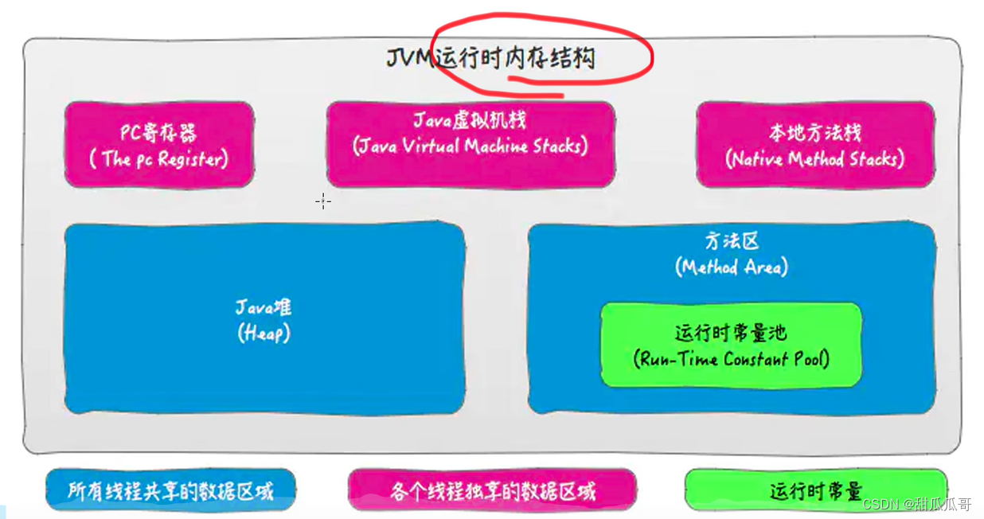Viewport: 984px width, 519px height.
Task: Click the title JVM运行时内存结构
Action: click(x=490, y=58)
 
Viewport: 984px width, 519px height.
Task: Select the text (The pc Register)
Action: click(x=158, y=158)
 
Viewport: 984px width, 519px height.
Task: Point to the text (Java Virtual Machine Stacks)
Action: click(x=470, y=146)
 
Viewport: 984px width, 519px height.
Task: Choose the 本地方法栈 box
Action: click(x=814, y=144)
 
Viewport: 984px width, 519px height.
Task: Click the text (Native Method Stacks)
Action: click(x=814, y=158)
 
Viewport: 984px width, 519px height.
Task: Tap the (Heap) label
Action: click(x=264, y=334)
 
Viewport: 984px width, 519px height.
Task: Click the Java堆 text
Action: click(x=264, y=308)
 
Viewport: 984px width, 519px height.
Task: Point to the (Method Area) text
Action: click(x=731, y=267)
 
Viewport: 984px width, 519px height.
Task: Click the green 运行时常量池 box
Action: click(x=730, y=344)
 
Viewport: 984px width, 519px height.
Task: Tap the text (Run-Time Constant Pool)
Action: click(x=731, y=359)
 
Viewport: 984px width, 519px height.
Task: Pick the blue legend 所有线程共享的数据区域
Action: click(x=170, y=490)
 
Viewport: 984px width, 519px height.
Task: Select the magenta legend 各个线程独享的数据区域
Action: click(x=492, y=490)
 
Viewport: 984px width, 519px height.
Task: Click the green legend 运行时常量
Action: click(x=815, y=490)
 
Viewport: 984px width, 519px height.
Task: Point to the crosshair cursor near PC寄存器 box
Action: click(x=322, y=201)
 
